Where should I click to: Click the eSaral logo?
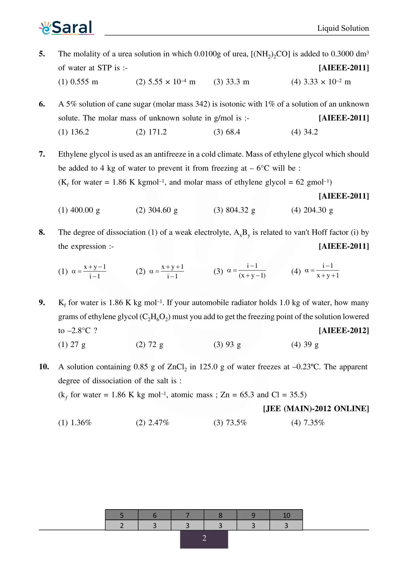coord(67,28)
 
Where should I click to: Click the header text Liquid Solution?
coord(343,28)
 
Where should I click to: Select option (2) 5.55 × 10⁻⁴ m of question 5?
coord(166,82)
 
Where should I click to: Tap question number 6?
coord(42,104)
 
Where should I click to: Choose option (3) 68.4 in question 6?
coord(227,132)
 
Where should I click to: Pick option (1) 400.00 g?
coord(79,210)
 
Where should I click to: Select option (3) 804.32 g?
coord(234,210)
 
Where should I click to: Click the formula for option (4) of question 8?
coord(322,271)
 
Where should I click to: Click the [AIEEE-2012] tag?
coord(344,331)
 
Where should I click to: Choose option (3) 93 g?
coord(227,345)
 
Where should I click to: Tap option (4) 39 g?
coord(305,345)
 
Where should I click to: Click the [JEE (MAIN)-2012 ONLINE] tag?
coord(316,409)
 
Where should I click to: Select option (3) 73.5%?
coord(230,423)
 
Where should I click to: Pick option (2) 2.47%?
coord(152,423)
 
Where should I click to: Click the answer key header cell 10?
coord(286,515)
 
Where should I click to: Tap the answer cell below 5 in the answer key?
coord(122,525)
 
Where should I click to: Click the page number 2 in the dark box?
coord(204,538)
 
